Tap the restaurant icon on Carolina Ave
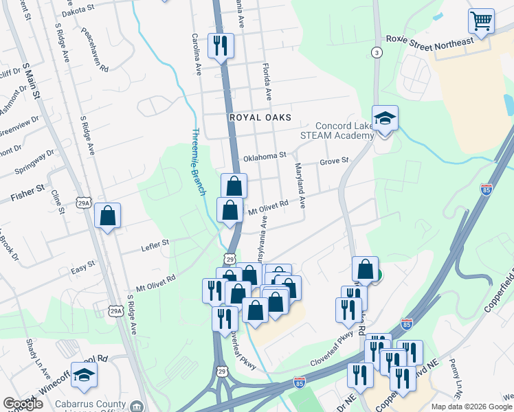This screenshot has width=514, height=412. (x=221, y=46)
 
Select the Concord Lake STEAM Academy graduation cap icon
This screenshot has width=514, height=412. (x=385, y=118)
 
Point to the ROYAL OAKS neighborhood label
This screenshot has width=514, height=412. (x=260, y=118)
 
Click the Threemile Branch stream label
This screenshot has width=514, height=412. (x=198, y=162)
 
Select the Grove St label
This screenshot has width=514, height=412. (x=335, y=161)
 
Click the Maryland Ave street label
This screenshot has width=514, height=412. (x=300, y=186)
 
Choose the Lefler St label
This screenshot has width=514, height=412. (x=155, y=243)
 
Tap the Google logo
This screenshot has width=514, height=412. (x=23, y=404)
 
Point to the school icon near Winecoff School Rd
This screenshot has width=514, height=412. (x=84, y=375)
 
